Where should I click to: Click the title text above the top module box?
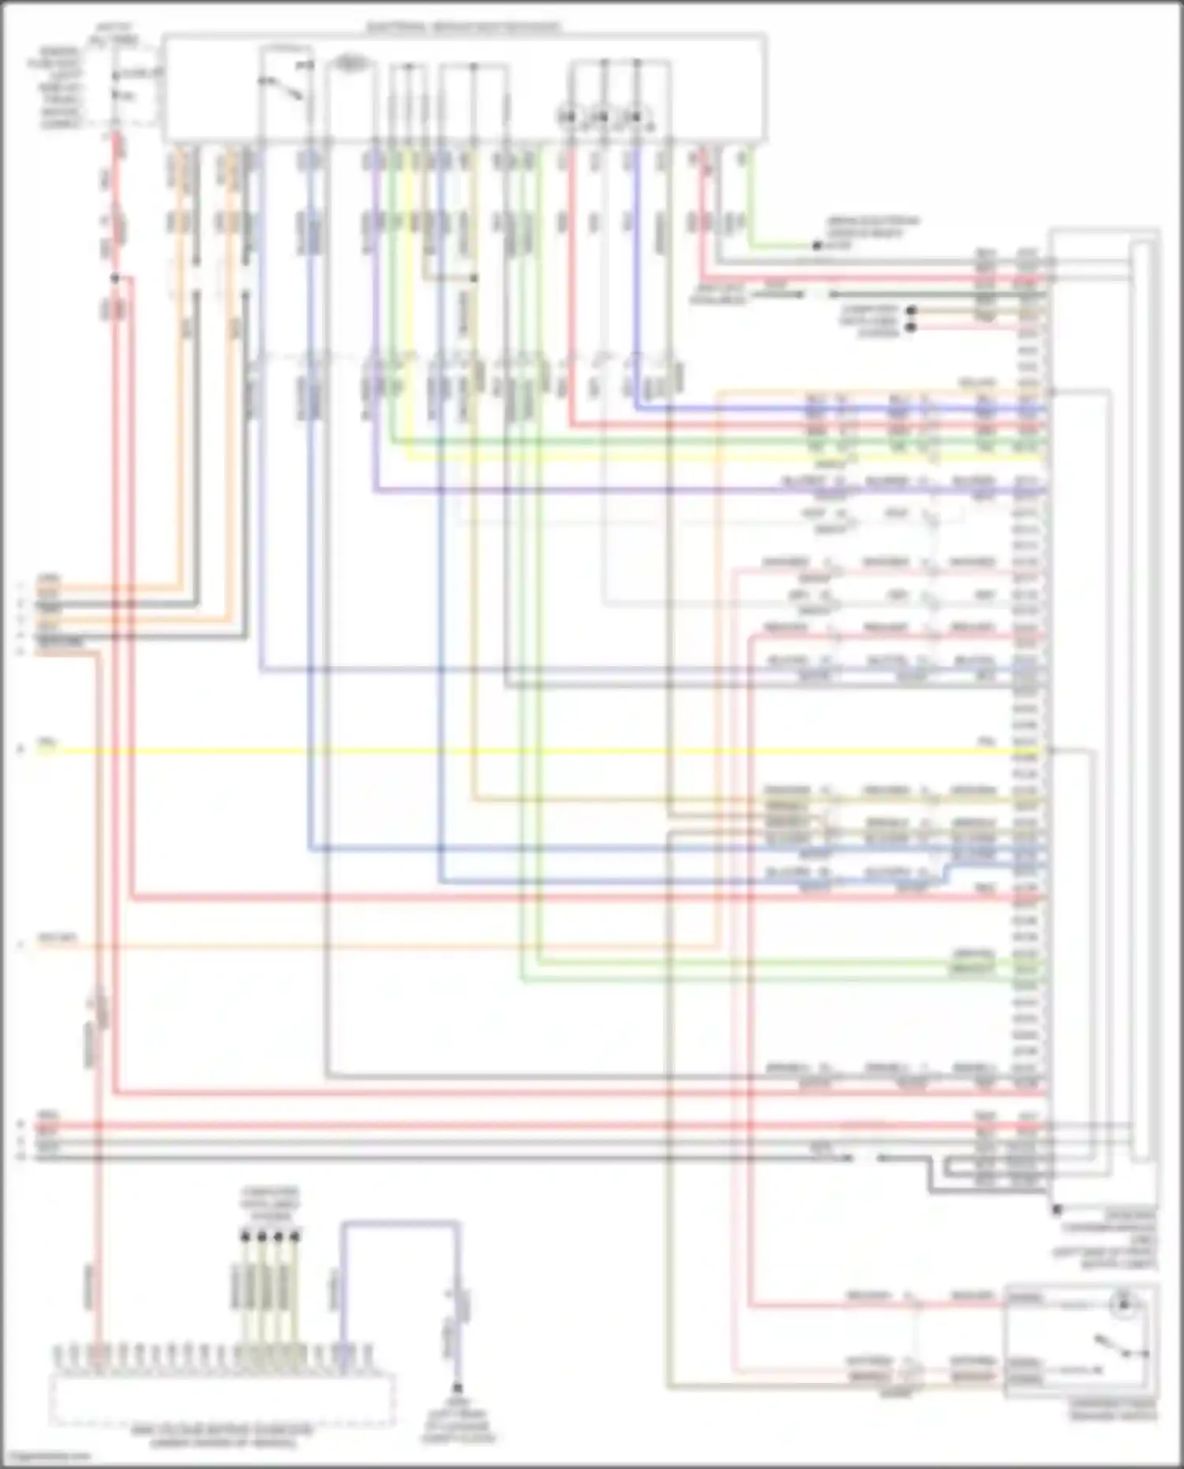464,27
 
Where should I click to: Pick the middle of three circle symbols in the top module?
602,118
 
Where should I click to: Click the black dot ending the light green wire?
818,246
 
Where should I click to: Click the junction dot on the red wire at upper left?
115,278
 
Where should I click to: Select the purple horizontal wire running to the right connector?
710,490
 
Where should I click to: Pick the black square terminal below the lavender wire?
457,1387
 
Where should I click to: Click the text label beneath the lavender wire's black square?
457,1421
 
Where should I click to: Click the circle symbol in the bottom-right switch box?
1122,1303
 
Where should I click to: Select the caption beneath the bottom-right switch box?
1113,1410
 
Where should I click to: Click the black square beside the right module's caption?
1057,1209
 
